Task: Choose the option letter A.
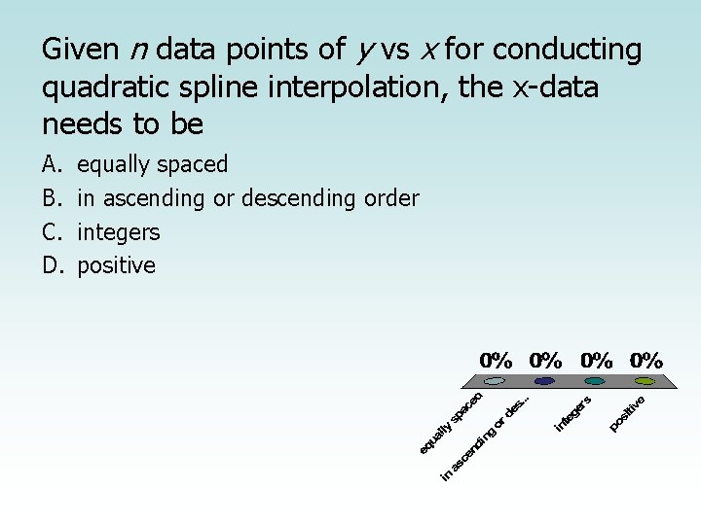51,164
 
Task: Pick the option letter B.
51,198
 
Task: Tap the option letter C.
51,232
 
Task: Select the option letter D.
52,265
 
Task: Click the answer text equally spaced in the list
152,164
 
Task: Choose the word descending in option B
294,198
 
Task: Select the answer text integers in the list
118,232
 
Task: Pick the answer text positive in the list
116,265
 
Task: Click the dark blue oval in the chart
544,381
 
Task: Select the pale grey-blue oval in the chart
495,381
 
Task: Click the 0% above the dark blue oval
545,360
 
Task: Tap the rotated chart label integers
574,412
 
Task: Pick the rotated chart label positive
629,412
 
